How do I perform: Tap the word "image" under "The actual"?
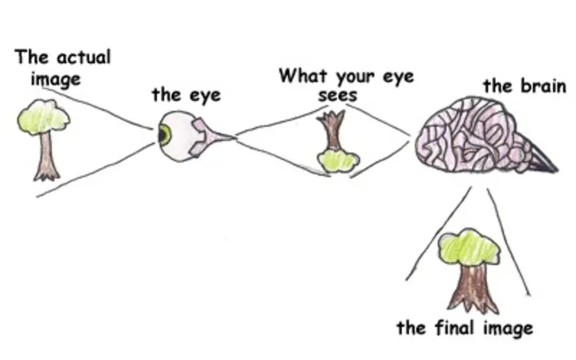(x=56, y=78)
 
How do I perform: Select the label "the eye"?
(x=186, y=94)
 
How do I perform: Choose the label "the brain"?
(x=525, y=86)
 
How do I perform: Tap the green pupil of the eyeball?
(x=164, y=135)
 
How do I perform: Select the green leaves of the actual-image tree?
(x=43, y=117)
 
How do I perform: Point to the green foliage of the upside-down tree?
(x=338, y=160)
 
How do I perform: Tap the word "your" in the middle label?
(x=353, y=76)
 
